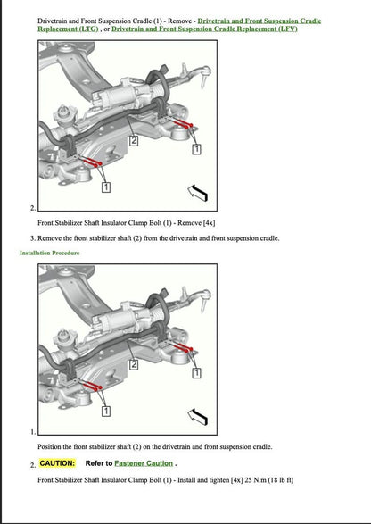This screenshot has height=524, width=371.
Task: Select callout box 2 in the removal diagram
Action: coord(134,140)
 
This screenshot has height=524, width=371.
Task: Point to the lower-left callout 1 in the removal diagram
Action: coord(105,187)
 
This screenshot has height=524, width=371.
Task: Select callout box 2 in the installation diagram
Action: coord(134,365)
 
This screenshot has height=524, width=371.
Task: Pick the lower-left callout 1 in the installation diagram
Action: coord(105,412)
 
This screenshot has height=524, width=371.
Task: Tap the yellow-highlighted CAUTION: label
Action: coord(57,463)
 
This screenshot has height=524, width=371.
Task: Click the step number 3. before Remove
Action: coord(33,238)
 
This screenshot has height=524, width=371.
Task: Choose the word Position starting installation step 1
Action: coord(52,446)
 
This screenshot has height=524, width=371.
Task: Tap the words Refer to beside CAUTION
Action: coord(98,463)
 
